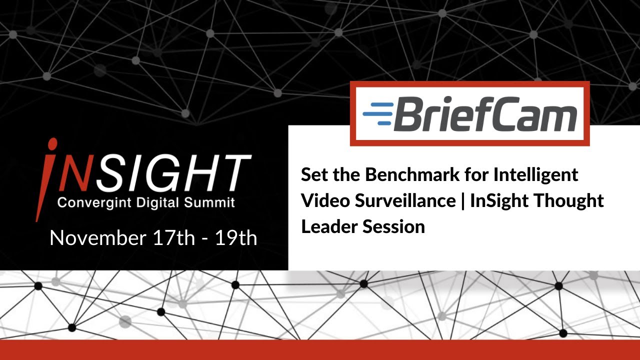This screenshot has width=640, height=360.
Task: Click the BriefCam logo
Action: point(469,113)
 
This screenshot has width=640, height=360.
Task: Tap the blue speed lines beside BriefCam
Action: point(378,113)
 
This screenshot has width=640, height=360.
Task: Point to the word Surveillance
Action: point(405,201)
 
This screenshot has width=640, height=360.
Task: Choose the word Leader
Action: point(329,226)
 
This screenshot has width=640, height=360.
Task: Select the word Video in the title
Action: point(326,201)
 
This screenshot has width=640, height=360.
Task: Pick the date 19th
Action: point(235,238)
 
